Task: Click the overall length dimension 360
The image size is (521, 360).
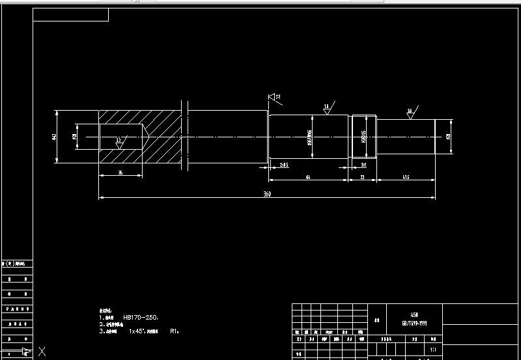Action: (266, 194)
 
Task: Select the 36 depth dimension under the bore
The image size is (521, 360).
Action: (121, 172)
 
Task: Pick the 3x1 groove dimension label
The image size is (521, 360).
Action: (364, 165)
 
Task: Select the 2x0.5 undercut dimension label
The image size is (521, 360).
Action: (284, 165)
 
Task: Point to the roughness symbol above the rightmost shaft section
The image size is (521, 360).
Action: (410, 111)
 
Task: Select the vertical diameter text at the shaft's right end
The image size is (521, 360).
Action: (449, 137)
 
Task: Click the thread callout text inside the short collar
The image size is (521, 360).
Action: (363, 137)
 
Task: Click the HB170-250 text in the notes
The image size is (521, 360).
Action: (140, 317)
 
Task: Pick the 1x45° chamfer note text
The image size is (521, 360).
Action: (138, 331)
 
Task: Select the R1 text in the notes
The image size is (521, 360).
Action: (174, 331)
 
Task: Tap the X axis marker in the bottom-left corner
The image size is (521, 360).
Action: (42, 352)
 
